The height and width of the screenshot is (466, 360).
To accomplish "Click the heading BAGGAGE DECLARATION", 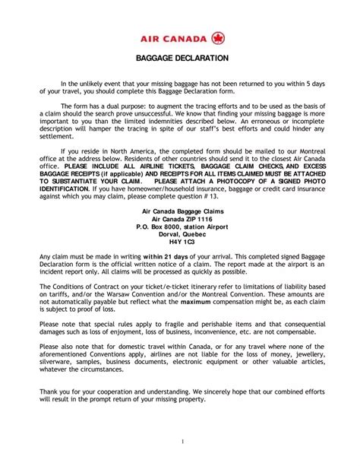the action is point(180,58).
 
